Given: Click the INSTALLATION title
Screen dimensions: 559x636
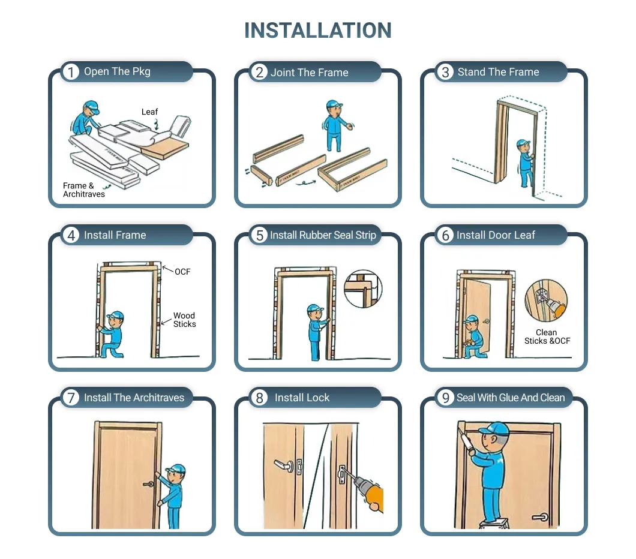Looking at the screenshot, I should click(x=317, y=31).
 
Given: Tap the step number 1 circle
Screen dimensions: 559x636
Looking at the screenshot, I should click(x=71, y=72).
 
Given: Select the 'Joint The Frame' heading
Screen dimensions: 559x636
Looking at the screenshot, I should click(x=309, y=73).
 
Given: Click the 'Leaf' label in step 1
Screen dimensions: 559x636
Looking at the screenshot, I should click(x=149, y=112).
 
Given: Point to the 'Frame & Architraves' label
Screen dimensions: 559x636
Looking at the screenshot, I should click(x=83, y=190).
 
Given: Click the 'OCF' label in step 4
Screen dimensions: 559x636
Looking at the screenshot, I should click(x=182, y=272).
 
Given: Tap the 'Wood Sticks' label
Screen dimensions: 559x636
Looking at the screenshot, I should click(x=184, y=320).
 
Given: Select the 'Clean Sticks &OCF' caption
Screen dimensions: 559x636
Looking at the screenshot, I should click(x=547, y=336).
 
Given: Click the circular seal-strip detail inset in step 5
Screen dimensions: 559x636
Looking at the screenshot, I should click(x=363, y=288).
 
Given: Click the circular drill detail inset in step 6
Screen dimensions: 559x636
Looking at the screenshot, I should click(x=545, y=301).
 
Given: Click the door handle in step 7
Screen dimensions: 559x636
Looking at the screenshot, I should click(x=148, y=483).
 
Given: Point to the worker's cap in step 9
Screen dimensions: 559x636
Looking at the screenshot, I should click(x=494, y=428).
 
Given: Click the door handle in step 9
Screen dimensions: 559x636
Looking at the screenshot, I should click(x=539, y=516).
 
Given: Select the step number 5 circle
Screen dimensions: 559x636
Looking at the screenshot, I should click(x=259, y=235).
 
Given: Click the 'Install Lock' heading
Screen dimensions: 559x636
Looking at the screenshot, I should click(x=302, y=398).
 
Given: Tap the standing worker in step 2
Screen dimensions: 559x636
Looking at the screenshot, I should click(x=334, y=125).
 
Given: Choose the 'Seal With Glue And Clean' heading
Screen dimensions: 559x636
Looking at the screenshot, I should click(x=510, y=398).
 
